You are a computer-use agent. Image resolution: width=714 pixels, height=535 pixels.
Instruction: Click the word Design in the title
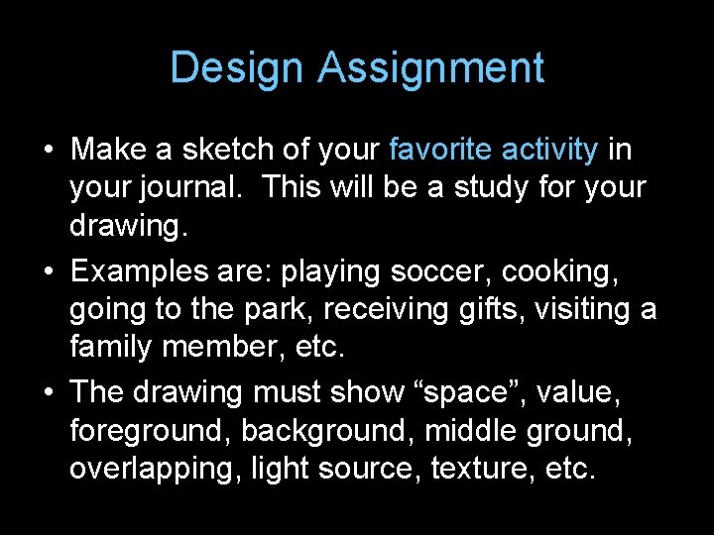238,68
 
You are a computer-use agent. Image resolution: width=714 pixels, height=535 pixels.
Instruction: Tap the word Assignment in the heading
431,68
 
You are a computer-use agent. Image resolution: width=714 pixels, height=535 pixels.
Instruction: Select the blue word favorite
441,150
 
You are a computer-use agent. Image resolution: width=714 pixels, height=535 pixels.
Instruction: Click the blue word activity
550,150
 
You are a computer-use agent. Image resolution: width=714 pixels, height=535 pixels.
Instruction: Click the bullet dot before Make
49,151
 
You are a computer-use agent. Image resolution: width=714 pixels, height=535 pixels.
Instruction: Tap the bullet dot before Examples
49,271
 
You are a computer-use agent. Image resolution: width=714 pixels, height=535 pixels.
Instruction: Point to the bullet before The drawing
49,392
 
